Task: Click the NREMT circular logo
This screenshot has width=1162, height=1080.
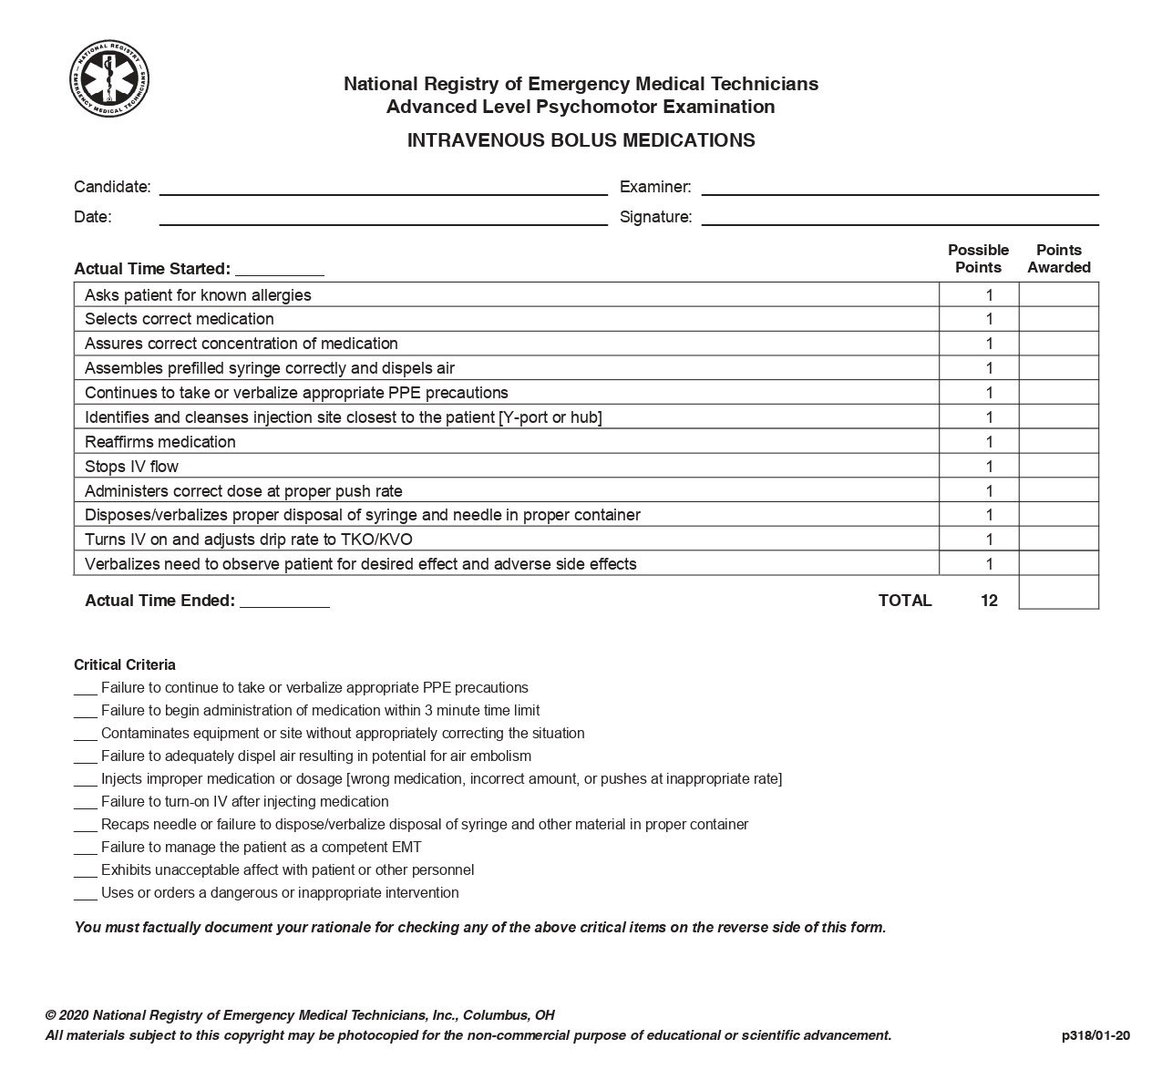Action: pyautogui.click(x=110, y=78)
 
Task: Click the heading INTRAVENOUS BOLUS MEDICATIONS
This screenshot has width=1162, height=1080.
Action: pyautogui.click(x=581, y=140)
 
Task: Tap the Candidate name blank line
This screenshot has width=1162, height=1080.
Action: pyautogui.click(x=383, y=188)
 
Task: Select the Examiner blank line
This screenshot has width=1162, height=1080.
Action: pyautogui.click(x=900, y=188)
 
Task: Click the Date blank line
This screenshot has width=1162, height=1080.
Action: pyautogui.click(x=383, y=218)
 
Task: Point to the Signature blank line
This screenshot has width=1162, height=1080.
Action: pyautogui.click(x=900, y=218)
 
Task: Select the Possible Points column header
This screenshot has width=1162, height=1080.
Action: pyautogui.click(x=978, y=259)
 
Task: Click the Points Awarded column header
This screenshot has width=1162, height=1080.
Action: pyautogui.click(x=1058, y=259)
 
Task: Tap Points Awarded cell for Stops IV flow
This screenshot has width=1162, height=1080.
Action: pyautogui.click(x=1058, y=467)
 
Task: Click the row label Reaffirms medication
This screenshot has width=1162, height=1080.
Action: pyautogui.click(x=160, y=442)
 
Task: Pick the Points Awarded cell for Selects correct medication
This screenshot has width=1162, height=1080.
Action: pyautogui.click(x=1058, y=319)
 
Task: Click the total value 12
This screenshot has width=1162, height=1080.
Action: pyautogui.click(x=989, y=601)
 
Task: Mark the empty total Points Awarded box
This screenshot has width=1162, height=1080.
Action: pyautogui.click(x=1058, y=592)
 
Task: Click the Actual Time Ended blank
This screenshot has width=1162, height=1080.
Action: pyautogui.click(x=284, y=602)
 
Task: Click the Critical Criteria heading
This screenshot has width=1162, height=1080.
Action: pyautogui.click(x=125, y=665)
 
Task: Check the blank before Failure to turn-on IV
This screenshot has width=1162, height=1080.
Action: pyautogui.click(x=85, y=803)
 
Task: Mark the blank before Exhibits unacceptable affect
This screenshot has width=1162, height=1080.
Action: pyautogui.click(x=85, y=871)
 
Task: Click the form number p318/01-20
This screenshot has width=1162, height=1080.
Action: pyautogui.click(x=1095, y=1035)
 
